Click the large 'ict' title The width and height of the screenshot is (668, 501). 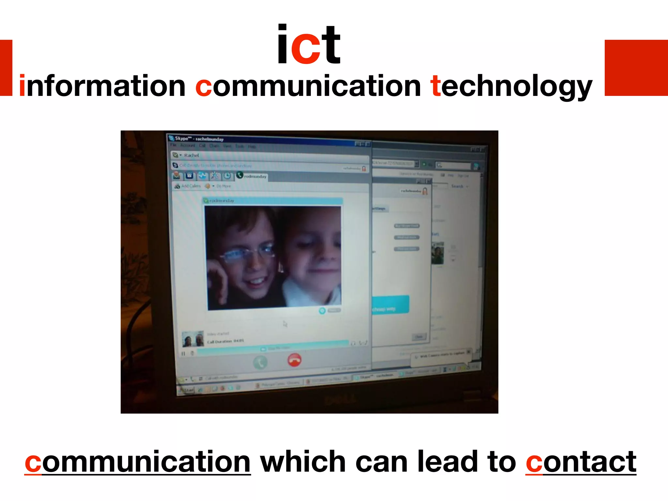309,45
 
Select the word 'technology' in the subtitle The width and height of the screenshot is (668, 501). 511,87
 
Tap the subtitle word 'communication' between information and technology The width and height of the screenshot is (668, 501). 308,86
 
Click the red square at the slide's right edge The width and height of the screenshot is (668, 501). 636,68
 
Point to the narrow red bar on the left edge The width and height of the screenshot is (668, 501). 6,68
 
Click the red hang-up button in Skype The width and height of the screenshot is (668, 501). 294,360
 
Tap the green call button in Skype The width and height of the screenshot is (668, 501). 260,362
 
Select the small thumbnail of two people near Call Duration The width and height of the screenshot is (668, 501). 193,339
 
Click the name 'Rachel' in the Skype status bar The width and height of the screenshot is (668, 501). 191,155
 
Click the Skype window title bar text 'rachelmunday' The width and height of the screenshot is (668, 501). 209,139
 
